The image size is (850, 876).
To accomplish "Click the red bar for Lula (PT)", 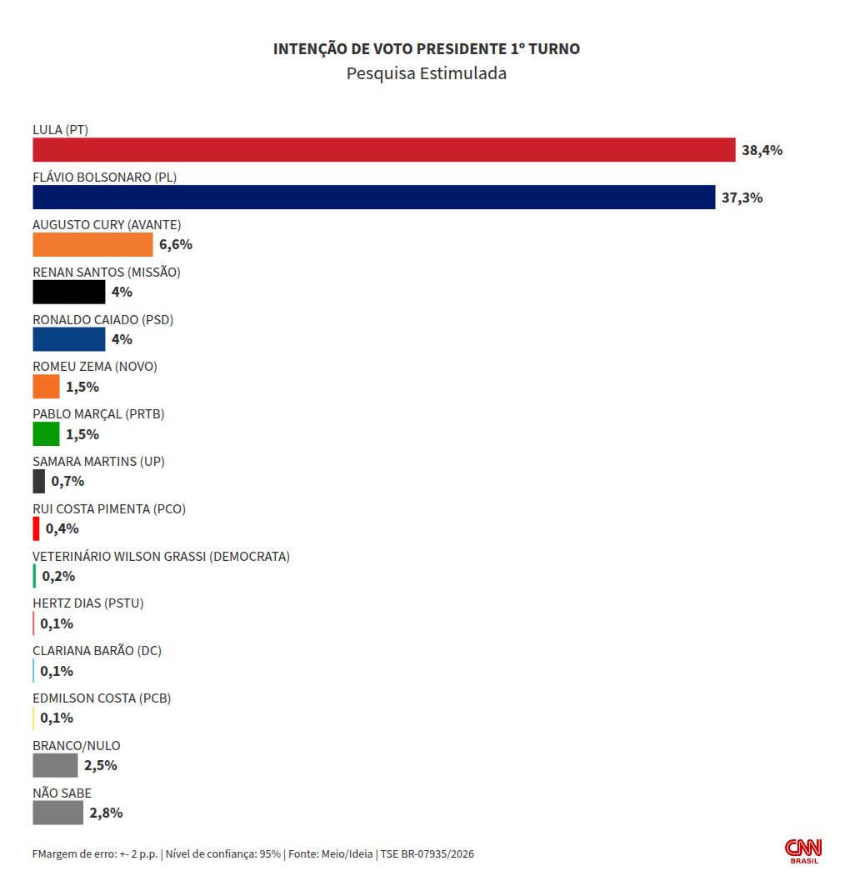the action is click(384, 150).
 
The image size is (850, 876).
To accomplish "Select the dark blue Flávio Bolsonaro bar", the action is click(374, 198).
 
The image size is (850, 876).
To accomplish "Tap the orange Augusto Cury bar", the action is click(92, 245).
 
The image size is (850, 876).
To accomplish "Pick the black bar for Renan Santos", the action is click(68, 293).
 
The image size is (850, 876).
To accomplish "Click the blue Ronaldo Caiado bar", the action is click(68, 339).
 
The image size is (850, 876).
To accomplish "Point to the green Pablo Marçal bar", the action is click(46, 434).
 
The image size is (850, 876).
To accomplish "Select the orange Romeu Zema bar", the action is click(46, 387).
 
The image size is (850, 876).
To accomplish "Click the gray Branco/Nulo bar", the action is click(55, 765).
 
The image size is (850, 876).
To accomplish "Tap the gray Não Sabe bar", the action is click(58, 813).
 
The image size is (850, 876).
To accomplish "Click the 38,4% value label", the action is click(762, 150).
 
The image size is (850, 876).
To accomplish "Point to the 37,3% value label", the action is click(742, 198).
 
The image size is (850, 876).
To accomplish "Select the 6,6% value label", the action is click(176, 245).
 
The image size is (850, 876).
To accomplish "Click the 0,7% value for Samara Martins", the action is click(67, 482).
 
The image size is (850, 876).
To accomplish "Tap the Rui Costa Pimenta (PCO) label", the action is click(109, 509).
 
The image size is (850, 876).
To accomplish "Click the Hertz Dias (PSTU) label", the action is click(88, 603).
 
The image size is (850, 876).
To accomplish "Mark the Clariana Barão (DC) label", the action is click(97, 651).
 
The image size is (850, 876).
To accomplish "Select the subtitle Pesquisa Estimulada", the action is click(427, 73).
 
